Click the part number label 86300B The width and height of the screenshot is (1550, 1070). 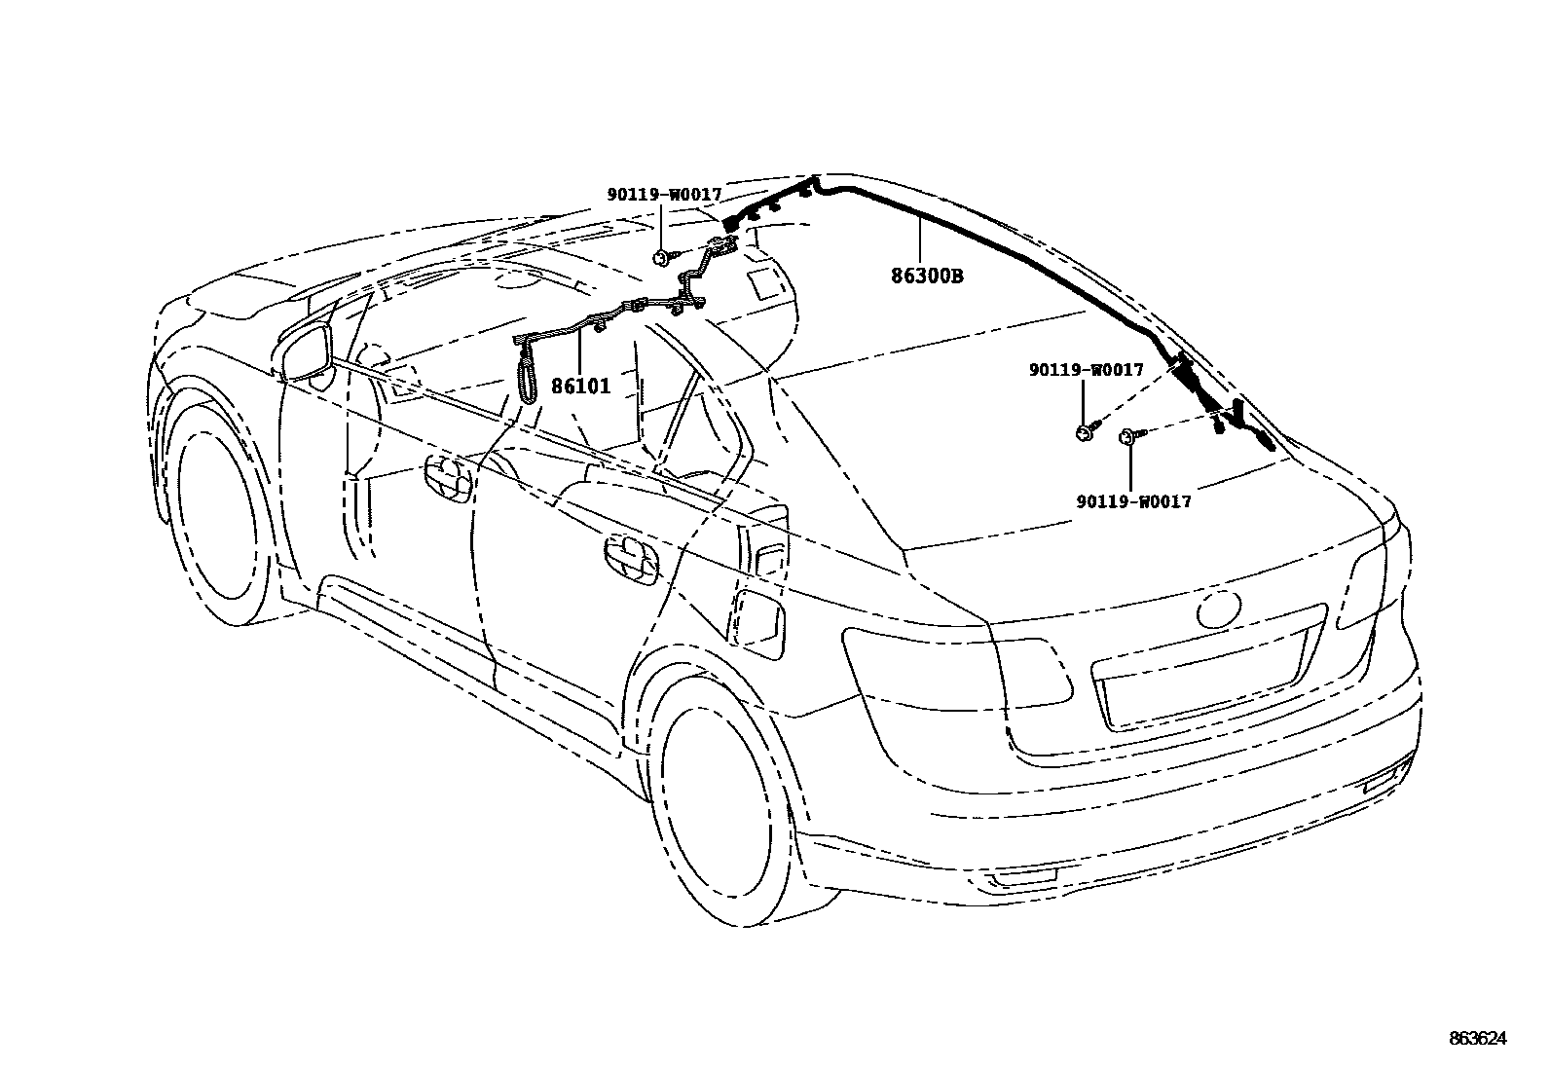tap(927, 276)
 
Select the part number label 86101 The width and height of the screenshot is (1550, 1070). tap(580, 387)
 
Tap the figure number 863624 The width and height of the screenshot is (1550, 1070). tap(1476, 1039)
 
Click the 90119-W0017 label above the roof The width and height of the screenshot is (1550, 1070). tap(664, 195)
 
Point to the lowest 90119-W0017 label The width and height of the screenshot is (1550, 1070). tap(1133, 501)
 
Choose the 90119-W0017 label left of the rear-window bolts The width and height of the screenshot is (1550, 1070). tap(1087, 370)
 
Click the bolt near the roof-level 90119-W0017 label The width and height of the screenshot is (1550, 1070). tap(663, 257)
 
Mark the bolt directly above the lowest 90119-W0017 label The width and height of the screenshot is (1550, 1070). tap(1130, 436)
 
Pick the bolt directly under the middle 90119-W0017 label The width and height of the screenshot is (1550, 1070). tap(1085, 431)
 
